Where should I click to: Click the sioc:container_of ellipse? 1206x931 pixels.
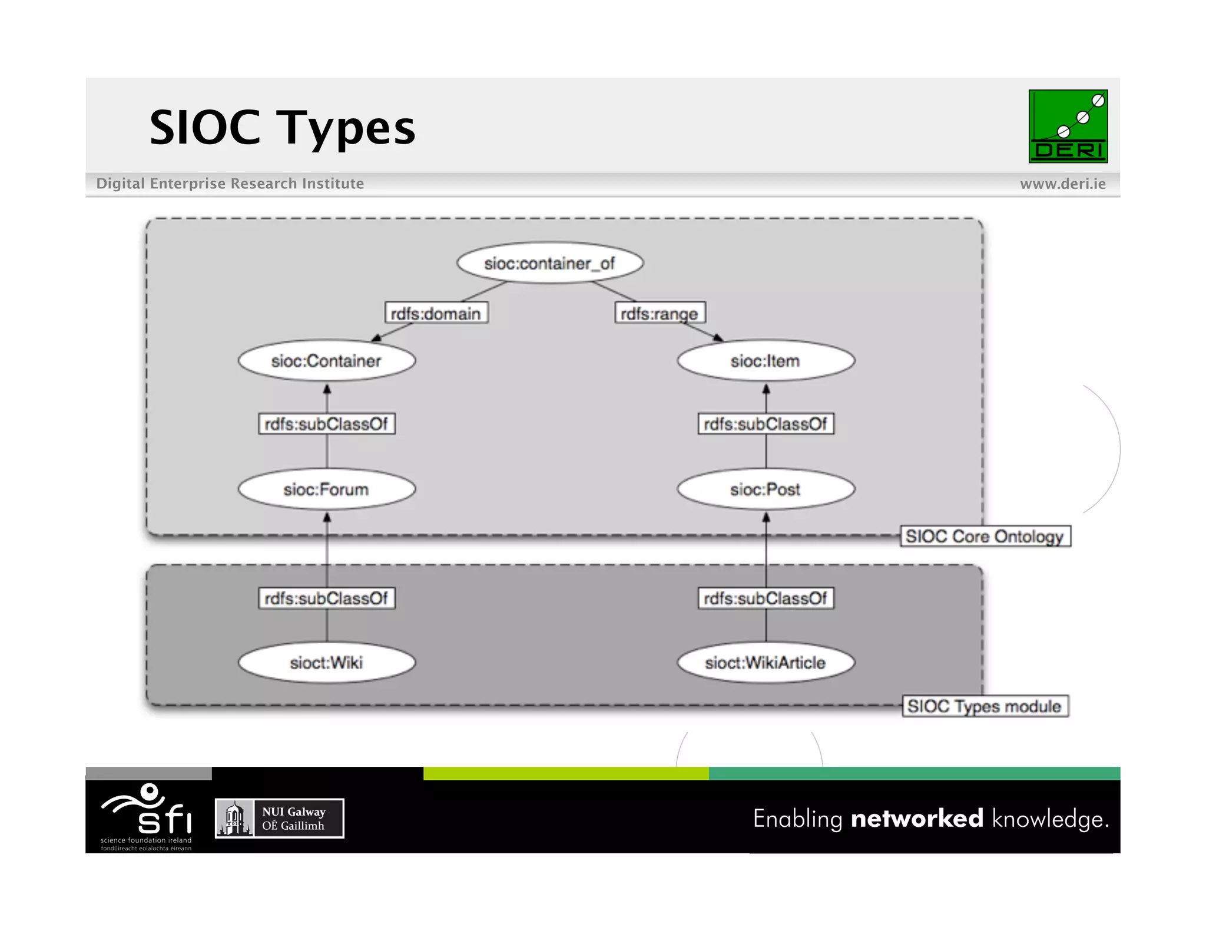point(549,263)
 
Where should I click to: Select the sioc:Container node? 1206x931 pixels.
point(326,361)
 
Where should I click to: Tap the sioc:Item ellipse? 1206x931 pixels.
point(766,361)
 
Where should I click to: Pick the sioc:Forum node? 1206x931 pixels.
point(326,489)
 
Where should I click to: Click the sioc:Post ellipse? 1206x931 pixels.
point(766,489)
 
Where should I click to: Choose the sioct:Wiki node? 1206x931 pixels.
point(326,663)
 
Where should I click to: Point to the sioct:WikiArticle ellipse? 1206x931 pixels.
point(766,663)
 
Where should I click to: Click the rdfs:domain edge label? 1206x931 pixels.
point(436,313)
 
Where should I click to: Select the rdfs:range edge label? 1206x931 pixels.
point(660,313)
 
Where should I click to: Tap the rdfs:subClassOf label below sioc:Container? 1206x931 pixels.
point(326,424)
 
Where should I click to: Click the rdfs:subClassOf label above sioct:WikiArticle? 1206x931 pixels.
point(766,598)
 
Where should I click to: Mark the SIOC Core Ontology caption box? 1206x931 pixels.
point(985,536)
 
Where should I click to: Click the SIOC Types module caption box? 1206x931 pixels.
point(985,706)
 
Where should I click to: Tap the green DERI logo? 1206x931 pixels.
point(1068,126)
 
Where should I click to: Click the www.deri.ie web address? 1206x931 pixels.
point(1062,184)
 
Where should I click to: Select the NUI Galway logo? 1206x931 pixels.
point(279,818)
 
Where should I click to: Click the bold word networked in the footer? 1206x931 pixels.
point(917,819)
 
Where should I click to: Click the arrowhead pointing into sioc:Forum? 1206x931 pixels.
point(327,517)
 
